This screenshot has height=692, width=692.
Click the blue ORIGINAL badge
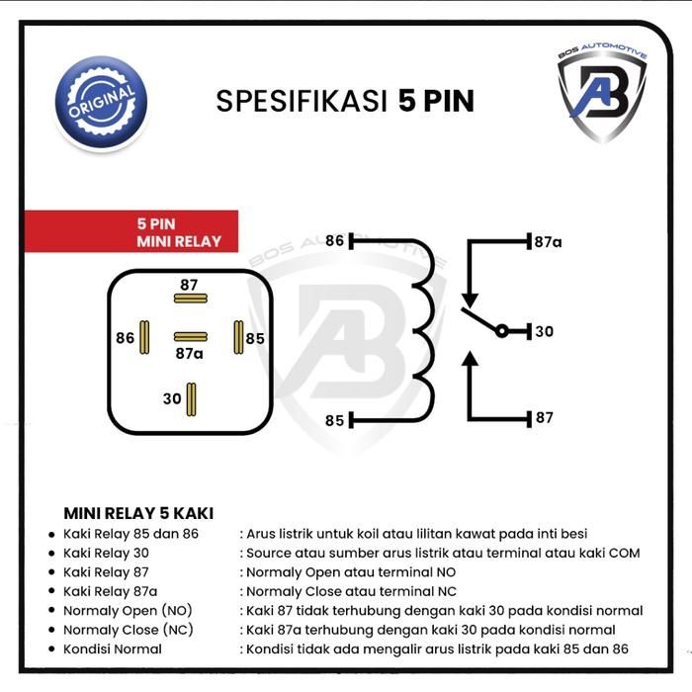click(x=101, y=103)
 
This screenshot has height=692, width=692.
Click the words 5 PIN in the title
click(x=436, y=101)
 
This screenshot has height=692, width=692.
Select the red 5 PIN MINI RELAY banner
click(x=131, y=231)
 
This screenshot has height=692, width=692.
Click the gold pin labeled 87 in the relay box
click(x=191, y=299)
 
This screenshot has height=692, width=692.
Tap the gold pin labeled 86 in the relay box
click(x=144, y=338)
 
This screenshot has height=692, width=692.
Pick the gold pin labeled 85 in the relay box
click(x=238, y=338)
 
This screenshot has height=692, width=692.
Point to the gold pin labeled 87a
click(x=191, y=337)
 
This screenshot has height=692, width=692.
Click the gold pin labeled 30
click(x=191, y=399)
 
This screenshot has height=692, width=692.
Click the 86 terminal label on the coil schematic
click(x=334, y=241)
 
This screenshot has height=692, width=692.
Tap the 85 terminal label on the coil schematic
click(x=334, y=420)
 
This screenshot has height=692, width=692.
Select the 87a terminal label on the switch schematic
click(x=548, y=242)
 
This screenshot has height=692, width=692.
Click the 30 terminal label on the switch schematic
click(x=544, y=331)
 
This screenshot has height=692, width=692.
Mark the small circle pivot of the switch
click(x=502, y=331)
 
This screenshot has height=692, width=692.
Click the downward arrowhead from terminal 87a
click(x=470, y=300)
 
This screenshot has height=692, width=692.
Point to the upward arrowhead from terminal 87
click(x=470, y=359)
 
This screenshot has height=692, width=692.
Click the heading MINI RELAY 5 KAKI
click(x=138, y=513)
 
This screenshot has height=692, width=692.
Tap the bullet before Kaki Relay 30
click(x=52, y=554)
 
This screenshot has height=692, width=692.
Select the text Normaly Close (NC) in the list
click(x=129, y=630)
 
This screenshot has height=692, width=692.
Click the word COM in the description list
click(x=624, y=553)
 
